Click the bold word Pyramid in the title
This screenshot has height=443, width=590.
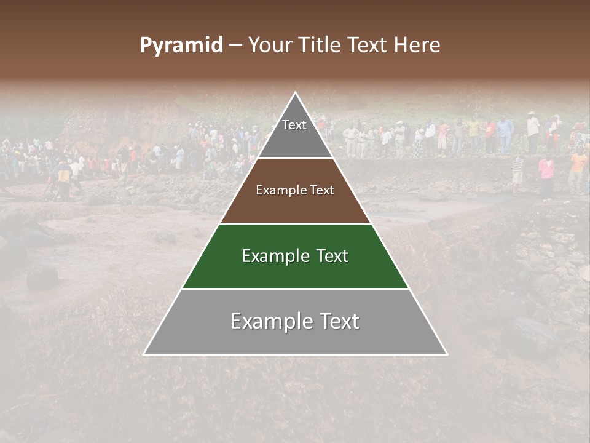pyautogui.click(x=181, y=46)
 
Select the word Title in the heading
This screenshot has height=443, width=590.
pyautogui.click(x=321, y=46)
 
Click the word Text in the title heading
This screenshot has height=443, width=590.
pyautogui.click(x=368, y=46)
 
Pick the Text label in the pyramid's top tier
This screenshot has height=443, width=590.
pyautogui.click(x=294, y=125)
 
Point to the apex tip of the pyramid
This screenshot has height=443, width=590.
pyautogui.click(x=296, y=93)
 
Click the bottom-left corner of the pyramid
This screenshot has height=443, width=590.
pyautogui.click(x=144, y=354)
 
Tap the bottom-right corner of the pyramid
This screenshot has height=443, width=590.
pyautogui.click(x=447, y=354)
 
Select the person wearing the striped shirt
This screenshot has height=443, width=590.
pyautogui.click(x=518, y=169)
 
